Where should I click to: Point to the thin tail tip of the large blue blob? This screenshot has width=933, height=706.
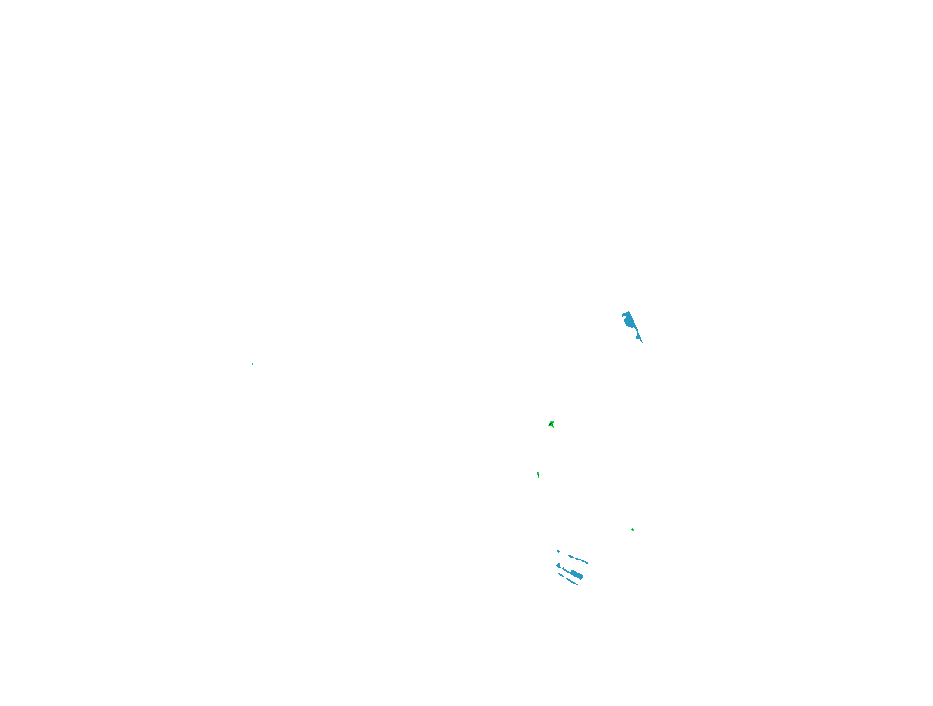point(642,342)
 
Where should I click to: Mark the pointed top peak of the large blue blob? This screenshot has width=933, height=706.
point(629,312)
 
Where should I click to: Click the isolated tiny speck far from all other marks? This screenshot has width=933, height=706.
point(252,364)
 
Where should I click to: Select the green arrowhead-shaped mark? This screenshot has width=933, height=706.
point(551,424)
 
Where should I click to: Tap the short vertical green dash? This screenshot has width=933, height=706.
point(538,475)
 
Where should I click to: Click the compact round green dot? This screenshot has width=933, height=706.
point(633,529)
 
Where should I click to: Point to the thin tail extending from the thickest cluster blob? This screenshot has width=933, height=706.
point(564,569)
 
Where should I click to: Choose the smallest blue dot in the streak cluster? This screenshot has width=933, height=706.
point(558,551)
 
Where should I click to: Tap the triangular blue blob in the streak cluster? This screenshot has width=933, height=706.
point(558,566)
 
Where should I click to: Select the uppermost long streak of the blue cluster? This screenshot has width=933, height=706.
point(581,560)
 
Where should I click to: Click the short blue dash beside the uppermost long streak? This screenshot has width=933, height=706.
point(571,556)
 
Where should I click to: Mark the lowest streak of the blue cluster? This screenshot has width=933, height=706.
point(572,582)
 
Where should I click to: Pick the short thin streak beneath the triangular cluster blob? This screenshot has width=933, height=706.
point(561,575)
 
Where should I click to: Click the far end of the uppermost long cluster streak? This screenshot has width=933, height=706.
point(587,563)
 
